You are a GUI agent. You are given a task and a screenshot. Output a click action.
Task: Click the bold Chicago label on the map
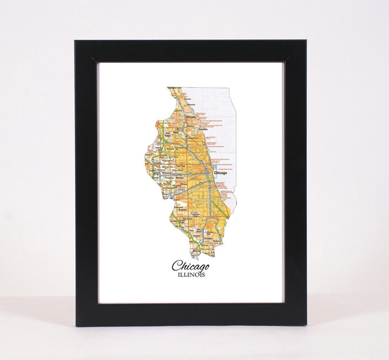tap(220, 173)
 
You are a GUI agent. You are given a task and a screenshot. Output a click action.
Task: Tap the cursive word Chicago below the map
tap(190, 266)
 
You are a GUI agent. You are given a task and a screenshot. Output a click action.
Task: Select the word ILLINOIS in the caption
tap(191, 275)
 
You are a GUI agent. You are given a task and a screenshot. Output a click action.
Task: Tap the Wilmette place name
tap(191, 117)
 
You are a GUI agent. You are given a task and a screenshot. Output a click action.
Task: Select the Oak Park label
tap(180, 166)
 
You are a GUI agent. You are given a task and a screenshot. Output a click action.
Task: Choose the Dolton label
tap(216, 241)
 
